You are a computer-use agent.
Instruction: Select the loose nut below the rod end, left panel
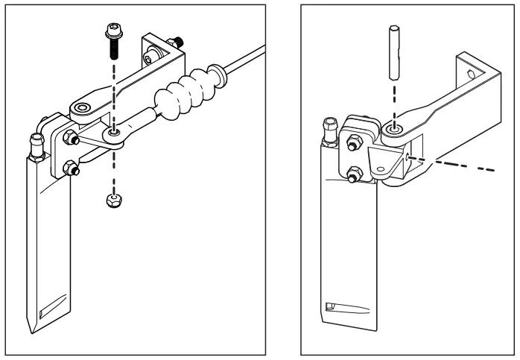[111, 200]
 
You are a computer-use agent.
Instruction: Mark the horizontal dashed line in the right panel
[454, 163]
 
